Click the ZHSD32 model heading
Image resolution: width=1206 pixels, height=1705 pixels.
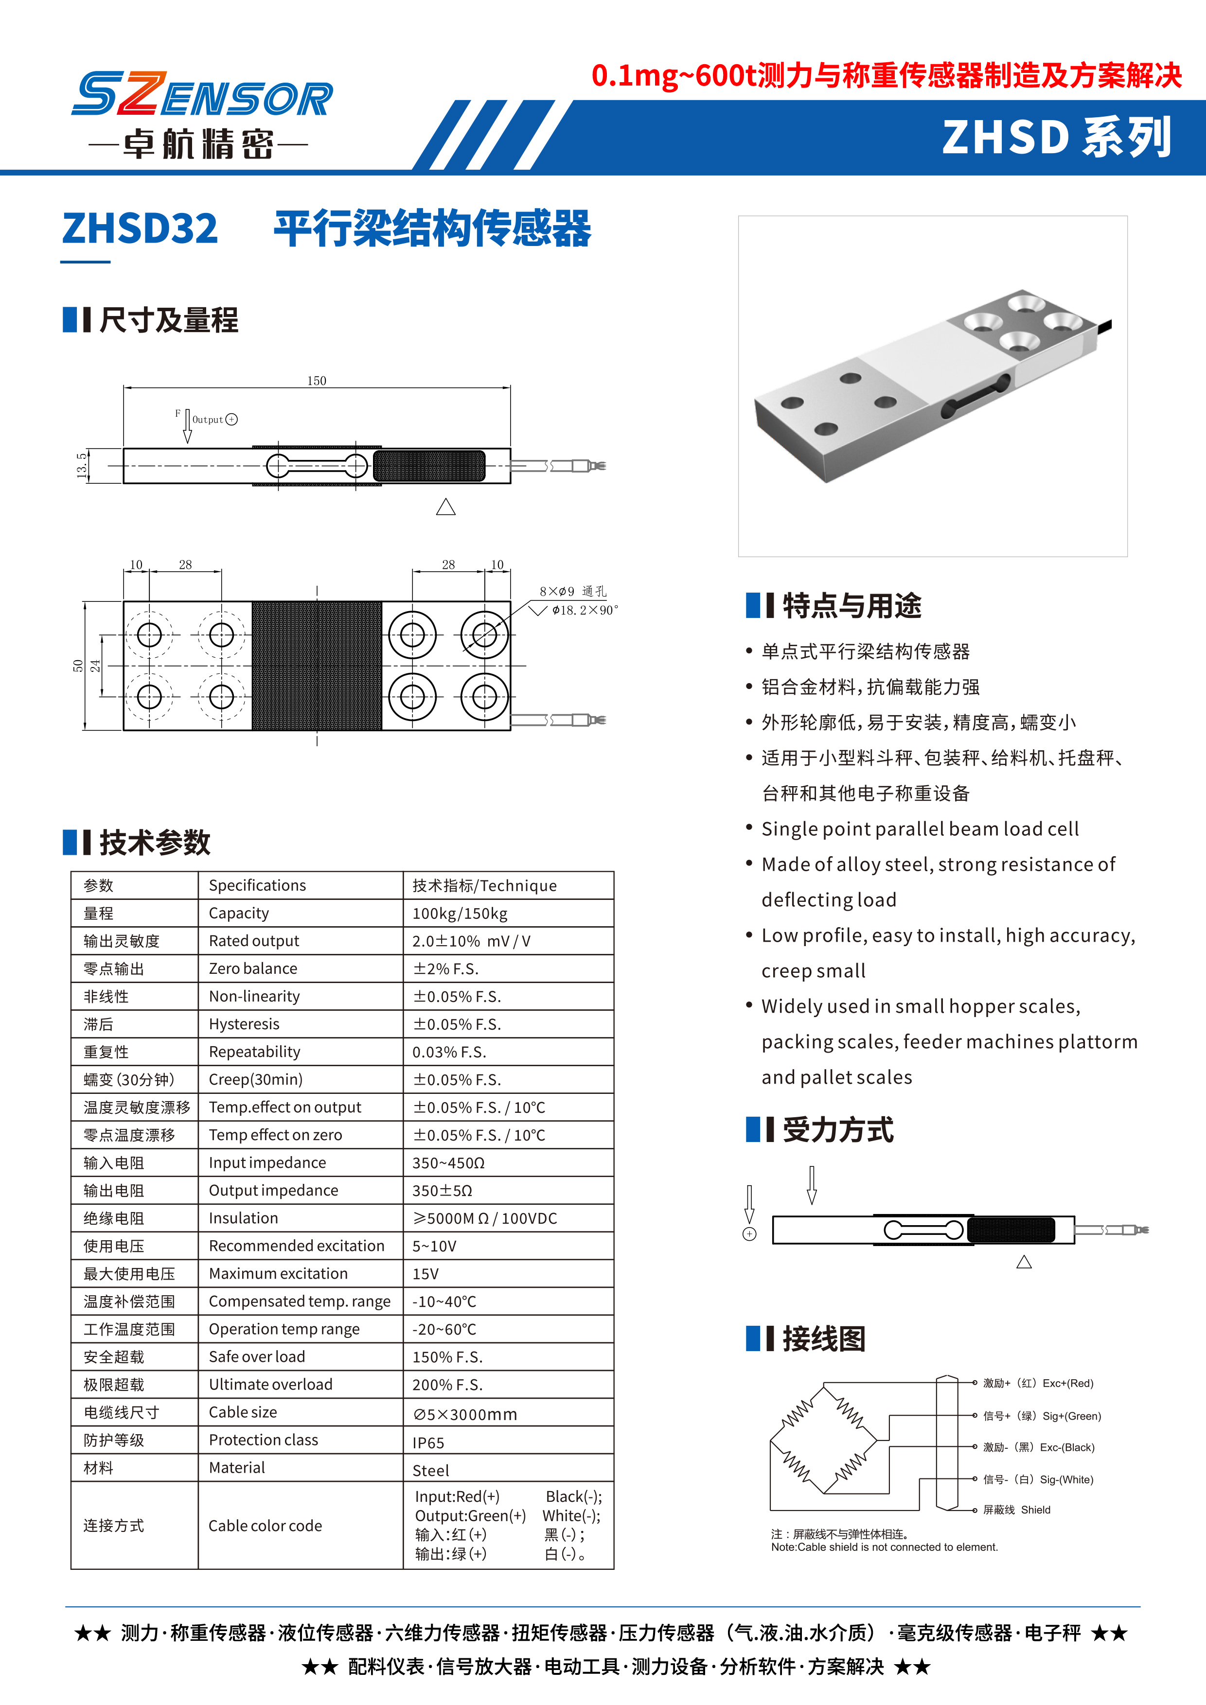[x=141, y=229]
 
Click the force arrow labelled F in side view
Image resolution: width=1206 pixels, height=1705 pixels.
[x=187, y=426]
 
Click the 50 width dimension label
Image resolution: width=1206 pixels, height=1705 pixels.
[x=78, y=666]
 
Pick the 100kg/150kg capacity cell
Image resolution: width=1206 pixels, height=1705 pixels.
[x=460, y=914]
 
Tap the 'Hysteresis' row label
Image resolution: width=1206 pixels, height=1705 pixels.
[x=244, y=1024]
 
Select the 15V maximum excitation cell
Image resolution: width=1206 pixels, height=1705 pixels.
[x=426, y=1274]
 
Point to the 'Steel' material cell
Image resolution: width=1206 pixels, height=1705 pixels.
[x=431, y=1470]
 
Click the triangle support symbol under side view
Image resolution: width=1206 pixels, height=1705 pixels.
[x=445, y=507]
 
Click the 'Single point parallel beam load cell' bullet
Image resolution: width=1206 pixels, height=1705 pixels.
[x=920, y=829]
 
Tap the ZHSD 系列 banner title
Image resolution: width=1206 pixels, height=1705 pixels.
[x=1057, y=138]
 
